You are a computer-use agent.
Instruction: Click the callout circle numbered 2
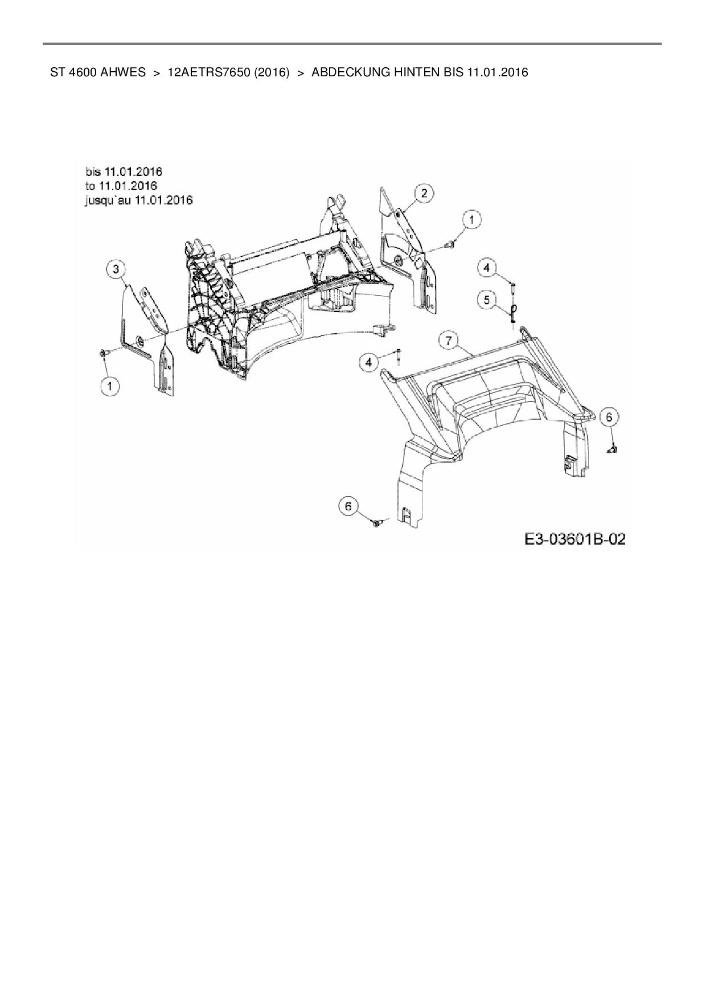coord(424,193)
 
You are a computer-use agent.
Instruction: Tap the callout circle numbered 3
coord(116,268)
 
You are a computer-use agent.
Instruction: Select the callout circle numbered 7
coord(449,341)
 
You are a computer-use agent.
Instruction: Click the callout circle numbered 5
coord(486,299)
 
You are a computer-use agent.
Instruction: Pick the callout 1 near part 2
coord(471,218)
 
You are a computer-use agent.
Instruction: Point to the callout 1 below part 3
coord(110,386)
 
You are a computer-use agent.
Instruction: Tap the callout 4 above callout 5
coord(486,267)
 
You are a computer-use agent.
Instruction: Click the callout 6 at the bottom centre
coord(348,505)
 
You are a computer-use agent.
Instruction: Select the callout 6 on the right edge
coord(609,417)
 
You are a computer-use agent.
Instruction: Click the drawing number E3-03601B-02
coord(575,539)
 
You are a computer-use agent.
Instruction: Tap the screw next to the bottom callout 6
coord(376,522)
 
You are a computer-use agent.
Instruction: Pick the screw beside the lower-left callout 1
coord(103,354)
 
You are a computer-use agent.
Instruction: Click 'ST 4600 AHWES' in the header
coord(98,72)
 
